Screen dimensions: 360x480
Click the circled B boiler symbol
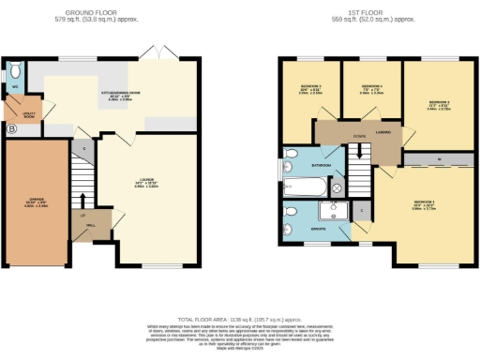coord(12,129)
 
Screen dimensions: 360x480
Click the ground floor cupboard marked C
coord(84,148)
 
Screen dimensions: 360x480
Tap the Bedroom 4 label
coord(299,90)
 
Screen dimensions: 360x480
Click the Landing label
coord(382,133)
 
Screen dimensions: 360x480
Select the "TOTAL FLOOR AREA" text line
coord(239,319)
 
